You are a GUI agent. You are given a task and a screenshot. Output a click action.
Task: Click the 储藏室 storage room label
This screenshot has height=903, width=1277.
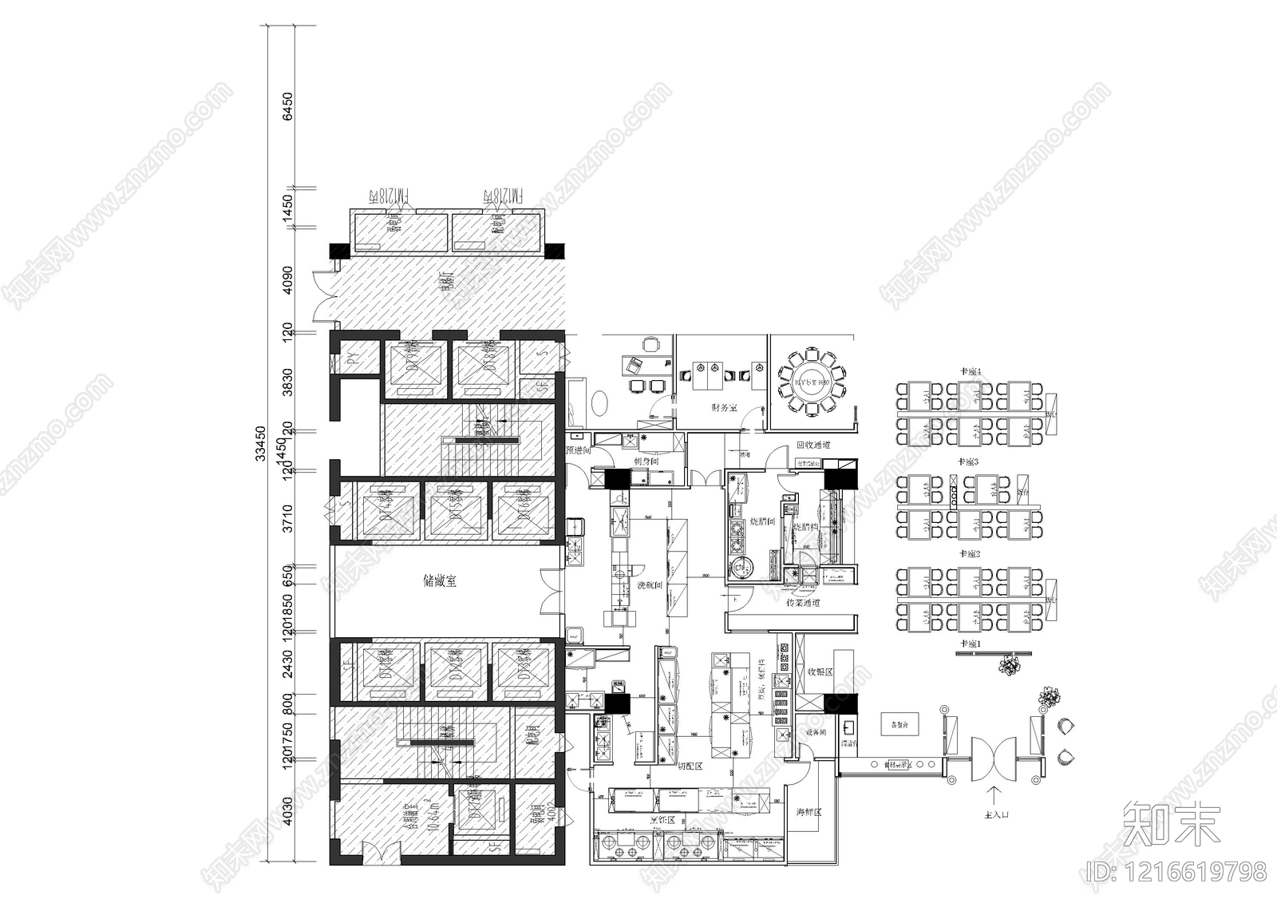click(x=440, y=582)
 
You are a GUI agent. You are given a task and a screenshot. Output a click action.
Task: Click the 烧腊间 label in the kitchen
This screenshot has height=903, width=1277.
click(x=763, y=521)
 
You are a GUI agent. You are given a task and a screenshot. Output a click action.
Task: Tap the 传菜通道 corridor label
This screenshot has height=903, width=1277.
click(x=803, y=602)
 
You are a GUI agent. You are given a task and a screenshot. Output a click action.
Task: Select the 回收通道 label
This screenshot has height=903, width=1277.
click(x=813, y=445)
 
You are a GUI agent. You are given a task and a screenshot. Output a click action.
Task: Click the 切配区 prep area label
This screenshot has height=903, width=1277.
click(x=690, y=766)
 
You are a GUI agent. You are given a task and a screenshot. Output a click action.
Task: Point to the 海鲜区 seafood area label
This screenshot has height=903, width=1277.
click(x=809, y=813)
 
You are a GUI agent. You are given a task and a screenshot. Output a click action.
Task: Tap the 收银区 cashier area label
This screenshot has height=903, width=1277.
click(x=820, y=672)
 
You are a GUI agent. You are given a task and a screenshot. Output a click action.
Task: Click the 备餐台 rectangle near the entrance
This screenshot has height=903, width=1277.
click(x=899, y=726)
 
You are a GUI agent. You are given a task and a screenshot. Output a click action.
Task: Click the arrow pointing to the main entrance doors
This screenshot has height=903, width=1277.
click(x=994, y=795)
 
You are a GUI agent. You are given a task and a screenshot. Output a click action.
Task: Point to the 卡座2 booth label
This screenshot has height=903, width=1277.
click(x=969, y=553)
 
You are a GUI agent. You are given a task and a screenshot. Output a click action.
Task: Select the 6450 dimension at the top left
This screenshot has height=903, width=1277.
click(x=287, y=107)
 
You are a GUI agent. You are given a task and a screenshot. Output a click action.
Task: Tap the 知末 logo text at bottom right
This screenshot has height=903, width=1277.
click(x=1171, y=825)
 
